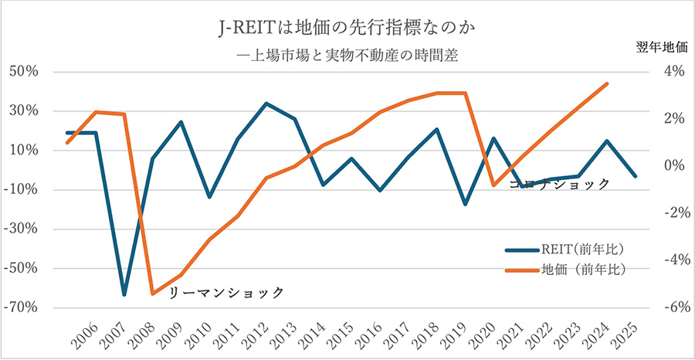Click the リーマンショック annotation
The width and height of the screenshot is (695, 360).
pos(225,293)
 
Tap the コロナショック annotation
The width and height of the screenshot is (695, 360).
pos(560,184)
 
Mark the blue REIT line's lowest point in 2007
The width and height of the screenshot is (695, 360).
pos(124,294)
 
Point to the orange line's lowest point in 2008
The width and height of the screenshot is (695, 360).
pos(152,294)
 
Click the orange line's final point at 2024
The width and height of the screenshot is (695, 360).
pos(607,83)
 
